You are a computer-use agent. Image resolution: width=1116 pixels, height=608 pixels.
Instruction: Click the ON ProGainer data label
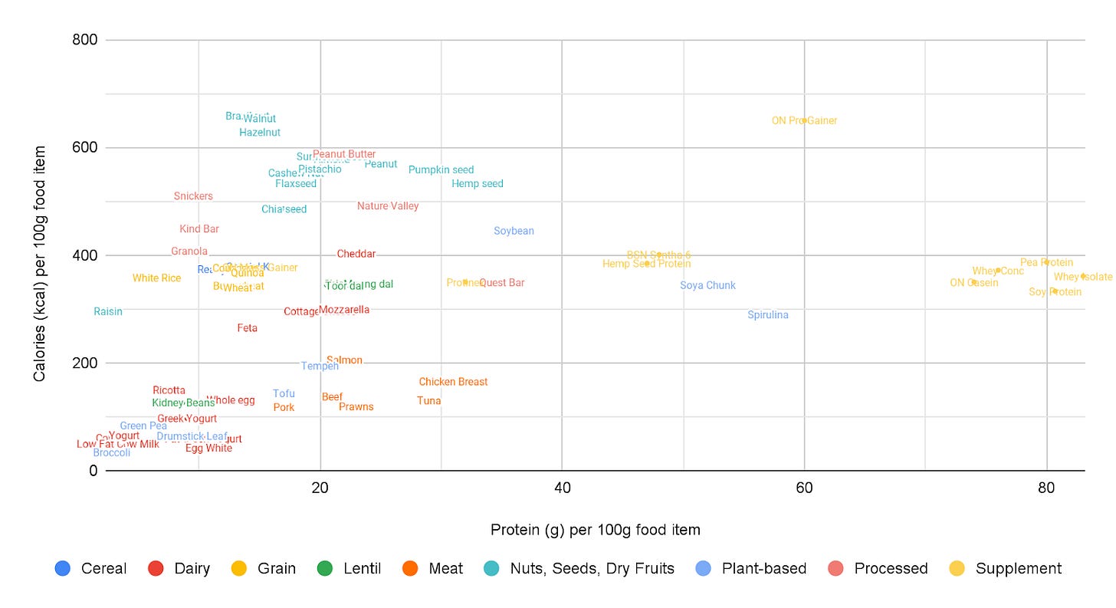pos(804,120)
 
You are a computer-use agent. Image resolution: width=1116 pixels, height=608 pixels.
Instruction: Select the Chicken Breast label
pos(453,382)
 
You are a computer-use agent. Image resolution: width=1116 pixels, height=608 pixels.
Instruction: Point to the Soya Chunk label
pos(707,286)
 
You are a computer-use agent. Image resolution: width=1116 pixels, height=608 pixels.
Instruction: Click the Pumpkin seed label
pos(441,170)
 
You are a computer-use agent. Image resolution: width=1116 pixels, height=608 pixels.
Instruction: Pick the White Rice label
pos(156,278)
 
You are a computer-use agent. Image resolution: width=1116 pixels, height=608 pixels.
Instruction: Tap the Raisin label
pos(108,312)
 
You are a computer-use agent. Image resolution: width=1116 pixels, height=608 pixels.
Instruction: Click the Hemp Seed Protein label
pos(646,265)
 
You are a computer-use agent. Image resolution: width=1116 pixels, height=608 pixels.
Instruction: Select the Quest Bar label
pos(502,283)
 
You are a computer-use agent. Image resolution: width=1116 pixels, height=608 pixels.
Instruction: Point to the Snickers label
pos(193,196)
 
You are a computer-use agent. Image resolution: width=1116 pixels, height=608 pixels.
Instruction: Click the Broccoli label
pos(112,453)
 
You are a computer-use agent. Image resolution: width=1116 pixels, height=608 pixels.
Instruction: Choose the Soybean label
pos(514,232)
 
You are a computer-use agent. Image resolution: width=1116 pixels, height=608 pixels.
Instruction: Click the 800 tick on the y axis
pos(85,40)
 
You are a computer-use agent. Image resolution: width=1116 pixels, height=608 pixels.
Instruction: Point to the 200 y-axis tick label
pos(85,363)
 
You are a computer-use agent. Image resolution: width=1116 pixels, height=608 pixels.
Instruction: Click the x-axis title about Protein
pos(595,530)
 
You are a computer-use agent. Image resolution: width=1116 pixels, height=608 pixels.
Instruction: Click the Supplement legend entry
pos(1018,569)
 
